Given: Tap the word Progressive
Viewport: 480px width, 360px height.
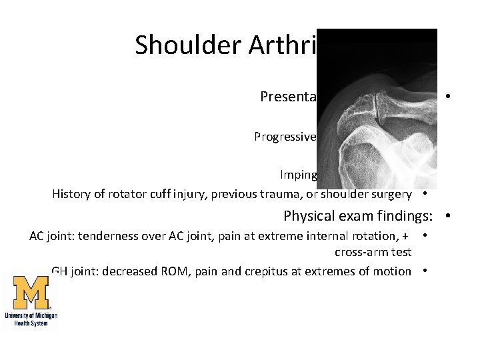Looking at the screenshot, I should [285, 137].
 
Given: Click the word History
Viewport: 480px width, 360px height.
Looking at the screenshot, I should [73, 194].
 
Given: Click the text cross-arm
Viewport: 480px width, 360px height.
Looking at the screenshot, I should [360, 251].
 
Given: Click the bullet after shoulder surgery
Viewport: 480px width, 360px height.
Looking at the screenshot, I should [425, 194].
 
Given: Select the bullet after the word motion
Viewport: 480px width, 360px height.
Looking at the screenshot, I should [425, 271].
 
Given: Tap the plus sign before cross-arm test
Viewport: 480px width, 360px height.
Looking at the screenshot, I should [405, 237].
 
